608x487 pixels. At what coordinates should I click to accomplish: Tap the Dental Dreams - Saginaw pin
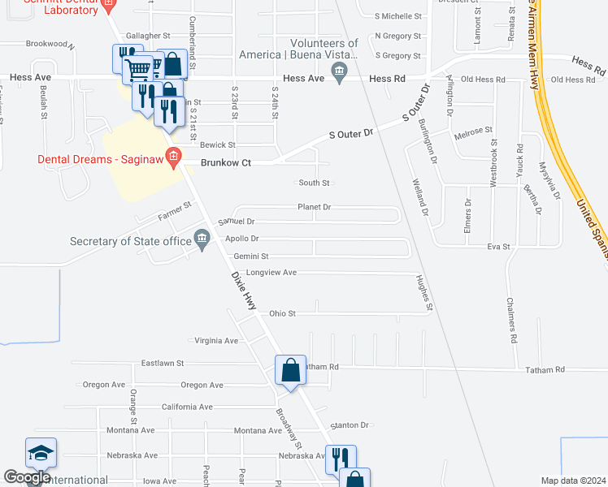(x=173, y=157)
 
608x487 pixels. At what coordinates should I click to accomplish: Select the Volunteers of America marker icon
(x=341, y=72)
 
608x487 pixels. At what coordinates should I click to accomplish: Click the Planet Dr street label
(x=314, y=207)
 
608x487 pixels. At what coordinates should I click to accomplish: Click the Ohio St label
(x=282, y=312)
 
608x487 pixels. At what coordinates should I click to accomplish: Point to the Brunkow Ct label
(x=227, y=163)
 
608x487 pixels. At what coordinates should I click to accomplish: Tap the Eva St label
(x=498, y=246)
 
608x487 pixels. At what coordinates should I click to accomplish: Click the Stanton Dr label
(x=350, y=425)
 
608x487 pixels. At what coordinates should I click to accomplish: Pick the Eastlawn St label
(x=163, y=363)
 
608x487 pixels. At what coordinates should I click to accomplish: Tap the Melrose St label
(x=473, y=131)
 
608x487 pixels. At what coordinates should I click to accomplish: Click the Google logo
(x=27, y=478)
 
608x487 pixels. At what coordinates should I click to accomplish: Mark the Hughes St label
(x=423, y=292)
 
